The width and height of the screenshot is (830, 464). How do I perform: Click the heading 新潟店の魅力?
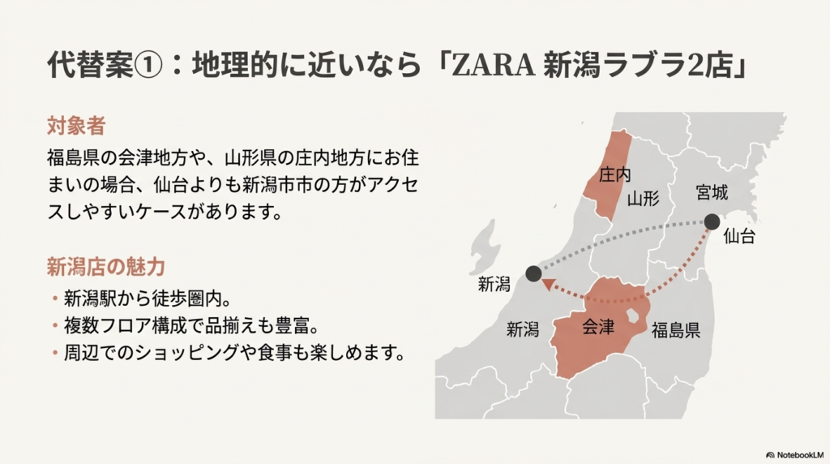(106, 266)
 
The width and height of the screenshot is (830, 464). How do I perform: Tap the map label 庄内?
(615, 174)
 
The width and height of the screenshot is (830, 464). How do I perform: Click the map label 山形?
(643, 198)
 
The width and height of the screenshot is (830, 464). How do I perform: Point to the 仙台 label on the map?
(738, 237)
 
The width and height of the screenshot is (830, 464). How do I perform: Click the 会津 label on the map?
(598, 327)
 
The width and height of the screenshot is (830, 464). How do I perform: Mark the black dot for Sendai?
(712, 221)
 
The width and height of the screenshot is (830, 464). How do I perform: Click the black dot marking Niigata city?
(533, 273)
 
